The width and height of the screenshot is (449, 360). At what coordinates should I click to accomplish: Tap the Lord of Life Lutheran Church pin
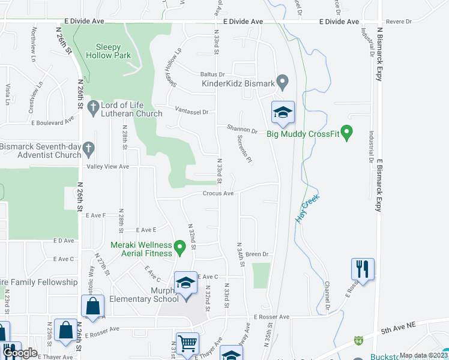point(92,108)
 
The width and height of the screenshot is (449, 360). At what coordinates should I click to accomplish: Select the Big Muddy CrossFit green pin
point(346,130)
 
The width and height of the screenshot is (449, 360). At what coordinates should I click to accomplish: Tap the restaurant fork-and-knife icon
point(363,268)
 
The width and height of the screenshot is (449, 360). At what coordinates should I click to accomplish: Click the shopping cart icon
point(187,344)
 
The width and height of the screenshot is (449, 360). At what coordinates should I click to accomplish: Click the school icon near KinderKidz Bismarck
point(283,112)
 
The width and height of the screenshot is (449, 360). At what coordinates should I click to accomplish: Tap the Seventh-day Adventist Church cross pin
point(88,148)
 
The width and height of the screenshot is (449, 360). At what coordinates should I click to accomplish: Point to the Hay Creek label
point(307,209)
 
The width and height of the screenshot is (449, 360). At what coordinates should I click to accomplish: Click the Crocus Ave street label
point(218,194)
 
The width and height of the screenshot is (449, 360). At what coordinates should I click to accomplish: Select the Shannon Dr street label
point(242,129)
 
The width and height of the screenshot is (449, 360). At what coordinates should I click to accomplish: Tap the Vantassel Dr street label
point(191,112)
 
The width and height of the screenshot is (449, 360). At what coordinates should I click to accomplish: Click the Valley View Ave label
point(108,167)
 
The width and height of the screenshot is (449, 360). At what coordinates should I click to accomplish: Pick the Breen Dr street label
point(256,254)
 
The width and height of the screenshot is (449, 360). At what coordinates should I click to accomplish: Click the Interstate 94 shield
point(358,340)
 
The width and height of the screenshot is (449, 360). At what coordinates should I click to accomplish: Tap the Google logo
point(20,352)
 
